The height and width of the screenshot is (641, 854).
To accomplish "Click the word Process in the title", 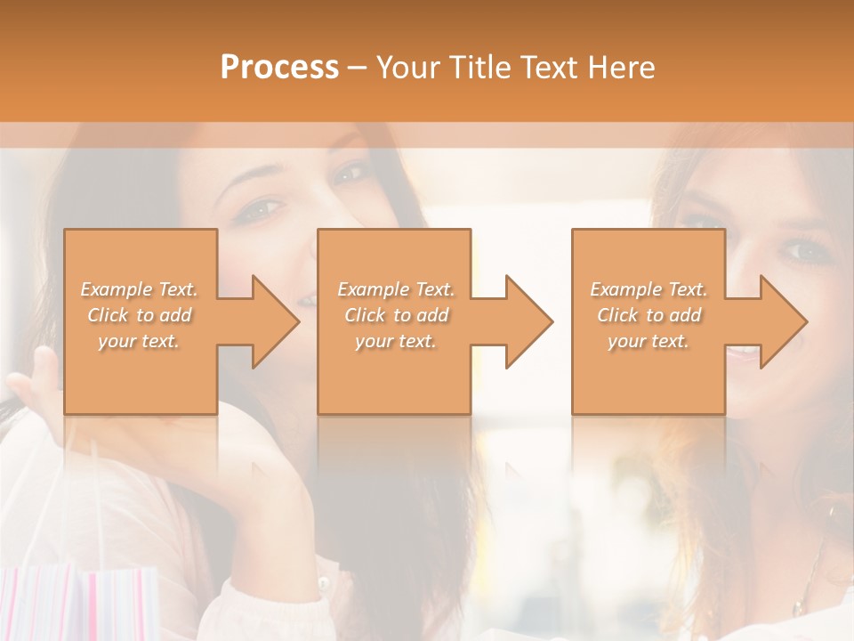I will (279, 68).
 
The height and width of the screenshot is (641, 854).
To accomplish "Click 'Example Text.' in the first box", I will (140, 289).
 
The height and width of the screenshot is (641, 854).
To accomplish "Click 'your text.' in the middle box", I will (395, 341).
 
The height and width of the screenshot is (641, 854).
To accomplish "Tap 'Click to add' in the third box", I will (649, 315).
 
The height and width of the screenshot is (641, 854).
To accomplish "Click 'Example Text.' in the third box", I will (649, 289).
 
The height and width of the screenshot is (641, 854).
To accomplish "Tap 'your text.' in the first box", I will (139, 341).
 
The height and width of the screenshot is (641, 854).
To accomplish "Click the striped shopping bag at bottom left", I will (80, 605).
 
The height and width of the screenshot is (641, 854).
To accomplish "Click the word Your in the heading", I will (407, 68).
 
